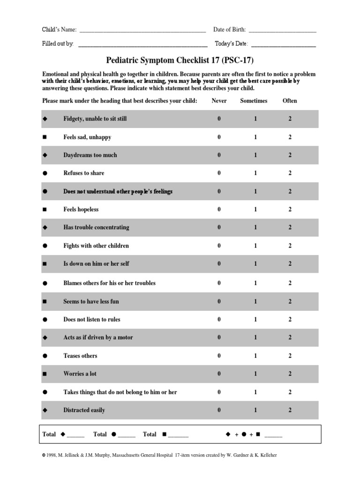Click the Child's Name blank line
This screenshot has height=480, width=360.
(142, 31)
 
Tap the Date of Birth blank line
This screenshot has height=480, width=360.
(282, 31)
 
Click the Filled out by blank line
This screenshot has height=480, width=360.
(142, 45)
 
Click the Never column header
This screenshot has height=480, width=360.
(219, 101)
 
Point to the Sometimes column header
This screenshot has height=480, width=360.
(254, 101)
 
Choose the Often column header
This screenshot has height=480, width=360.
(290, 101)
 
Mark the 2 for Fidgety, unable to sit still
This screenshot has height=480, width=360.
(290, 119)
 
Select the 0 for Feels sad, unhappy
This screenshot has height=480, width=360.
(219, 137)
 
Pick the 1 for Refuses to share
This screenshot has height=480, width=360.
(255, 173)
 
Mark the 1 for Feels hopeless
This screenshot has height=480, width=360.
(255, 210)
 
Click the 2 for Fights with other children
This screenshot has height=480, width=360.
(290, 246)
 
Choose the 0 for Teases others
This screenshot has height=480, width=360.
(219, 356)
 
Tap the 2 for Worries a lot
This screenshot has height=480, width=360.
(290, 374)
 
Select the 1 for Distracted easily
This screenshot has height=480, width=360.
(255, 410)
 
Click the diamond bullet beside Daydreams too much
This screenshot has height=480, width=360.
(45, 155)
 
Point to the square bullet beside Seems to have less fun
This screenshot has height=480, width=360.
(45, 301)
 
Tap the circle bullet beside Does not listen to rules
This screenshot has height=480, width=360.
(45, 320)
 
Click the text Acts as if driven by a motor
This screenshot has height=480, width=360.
(98, 337)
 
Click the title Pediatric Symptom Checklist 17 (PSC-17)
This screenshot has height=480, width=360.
(180, 60)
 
